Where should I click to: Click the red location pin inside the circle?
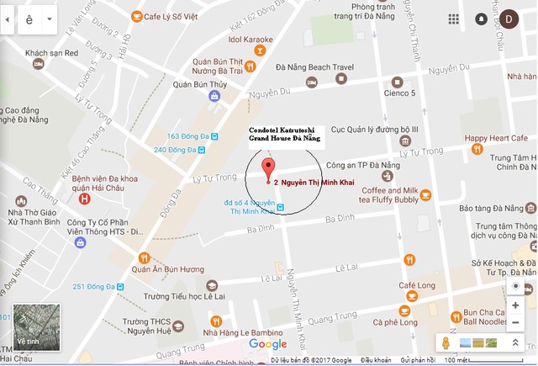coord(268,167)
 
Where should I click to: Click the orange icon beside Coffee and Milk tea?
coord(425,195)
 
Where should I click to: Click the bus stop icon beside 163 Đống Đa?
coord(214,136)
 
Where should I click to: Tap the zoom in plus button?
coord(515,305)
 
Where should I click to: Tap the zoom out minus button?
coord(515,322)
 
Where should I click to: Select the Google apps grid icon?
coord(454,19)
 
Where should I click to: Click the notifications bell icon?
coord(482,19)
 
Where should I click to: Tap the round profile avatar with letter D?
coord(509,19)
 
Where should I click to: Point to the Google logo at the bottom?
coord(268,344)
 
